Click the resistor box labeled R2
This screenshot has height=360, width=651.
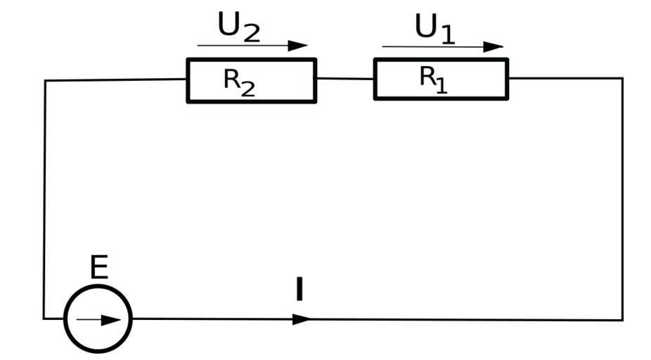[251, 81]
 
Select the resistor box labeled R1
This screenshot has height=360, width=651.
[441, 79]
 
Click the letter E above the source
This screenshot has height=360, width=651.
[99, 269]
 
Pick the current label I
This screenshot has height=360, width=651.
[299, 289]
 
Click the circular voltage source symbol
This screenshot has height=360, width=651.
[98, 319]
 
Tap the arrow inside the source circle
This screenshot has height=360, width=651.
[98, 320]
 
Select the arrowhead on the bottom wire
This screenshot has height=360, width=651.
[302, 319]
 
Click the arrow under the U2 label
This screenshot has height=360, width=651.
[252, 46]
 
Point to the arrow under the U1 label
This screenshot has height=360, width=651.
[443, 47]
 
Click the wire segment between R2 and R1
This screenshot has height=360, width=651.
[344, 79]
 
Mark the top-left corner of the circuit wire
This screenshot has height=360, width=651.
[46, 81]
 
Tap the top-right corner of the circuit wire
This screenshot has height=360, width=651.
[622, 78]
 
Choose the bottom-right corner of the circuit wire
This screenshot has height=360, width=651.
[622, 320]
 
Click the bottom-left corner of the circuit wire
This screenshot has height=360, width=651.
[44, 319]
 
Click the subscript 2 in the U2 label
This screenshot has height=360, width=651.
[251, 33]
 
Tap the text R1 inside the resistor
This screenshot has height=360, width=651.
[433, 78]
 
